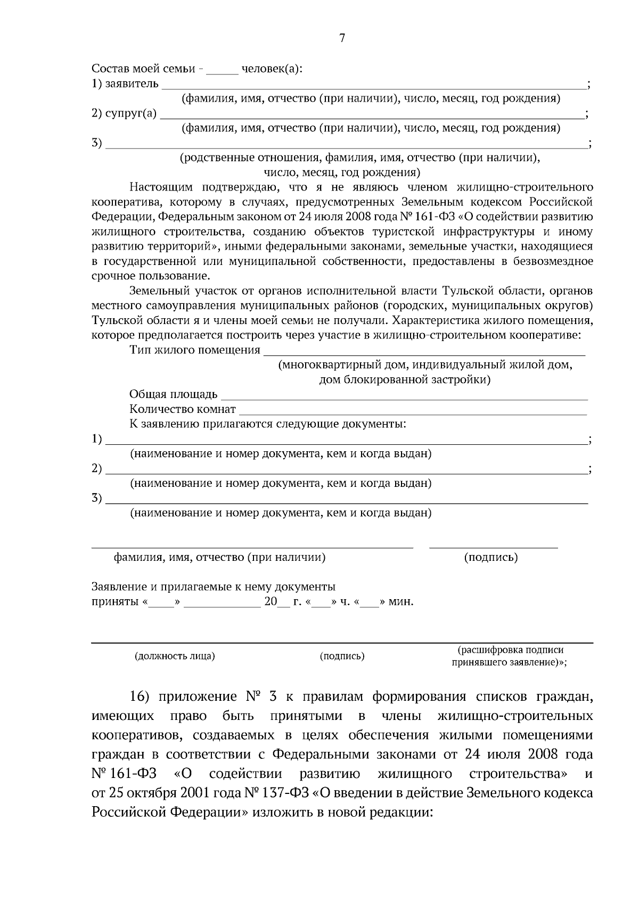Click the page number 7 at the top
341,38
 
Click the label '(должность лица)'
175,656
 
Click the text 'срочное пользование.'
151,276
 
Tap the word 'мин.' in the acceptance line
401,602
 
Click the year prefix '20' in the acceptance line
270,602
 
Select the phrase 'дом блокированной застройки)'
404,380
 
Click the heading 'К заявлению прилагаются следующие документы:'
267,424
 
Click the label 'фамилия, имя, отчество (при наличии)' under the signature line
219,557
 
